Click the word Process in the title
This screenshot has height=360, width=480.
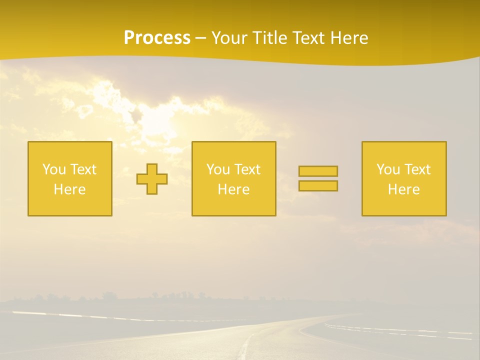click(157, 38)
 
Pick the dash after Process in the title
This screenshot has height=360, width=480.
click(201, 38)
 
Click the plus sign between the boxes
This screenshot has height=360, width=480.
click(152, 179)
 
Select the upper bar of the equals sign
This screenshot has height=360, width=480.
click(318, 171)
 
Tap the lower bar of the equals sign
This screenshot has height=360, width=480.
click(318, 186)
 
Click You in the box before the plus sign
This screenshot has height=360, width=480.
click(54, 169)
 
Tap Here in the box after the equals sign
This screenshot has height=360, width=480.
click(404, 189)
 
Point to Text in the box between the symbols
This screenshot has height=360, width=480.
click(247, 169)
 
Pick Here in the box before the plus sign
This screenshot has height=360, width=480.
click(70, 189)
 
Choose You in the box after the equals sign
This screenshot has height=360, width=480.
click(388, 169)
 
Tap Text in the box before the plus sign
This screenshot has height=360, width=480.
click(83, 169)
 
